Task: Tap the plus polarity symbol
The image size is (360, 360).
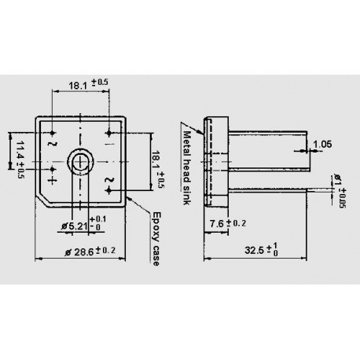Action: click(x=53, y=180)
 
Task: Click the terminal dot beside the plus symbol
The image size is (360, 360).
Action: click(x=53, y=168)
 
